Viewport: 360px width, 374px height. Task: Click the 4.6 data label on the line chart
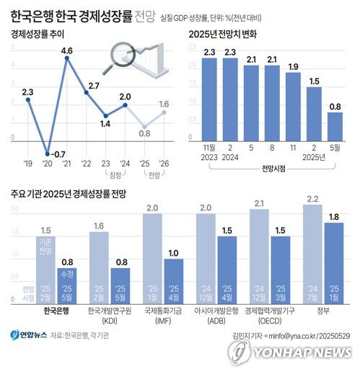click(x=67, y=50)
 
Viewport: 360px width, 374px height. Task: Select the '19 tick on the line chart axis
click(x=27, y=164)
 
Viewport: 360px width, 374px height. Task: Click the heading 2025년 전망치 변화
click(x=224, y=33)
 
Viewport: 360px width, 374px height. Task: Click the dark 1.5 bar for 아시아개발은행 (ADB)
click(x=227, y=267)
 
